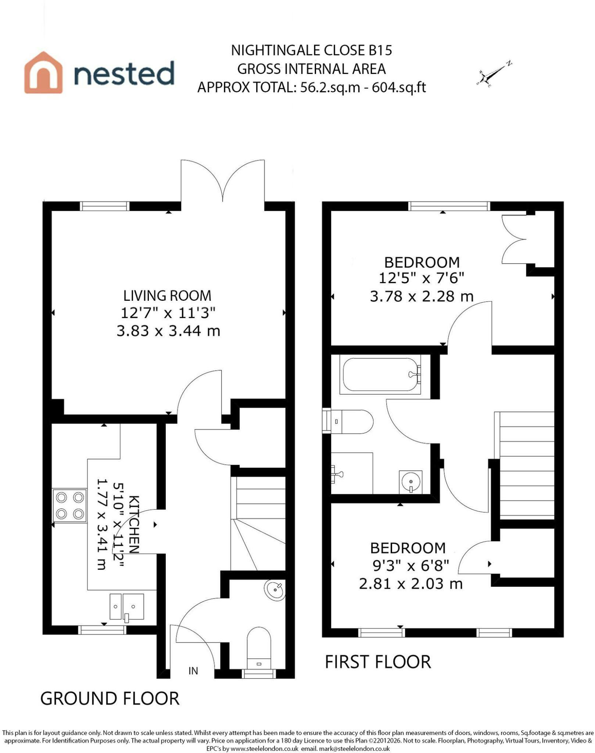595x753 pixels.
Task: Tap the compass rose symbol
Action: coord(495,74)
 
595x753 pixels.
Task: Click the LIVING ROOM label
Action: coord(167,296)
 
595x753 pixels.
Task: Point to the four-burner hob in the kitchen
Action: coord(69,505)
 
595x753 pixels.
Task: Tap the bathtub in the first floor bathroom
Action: coord(381,374)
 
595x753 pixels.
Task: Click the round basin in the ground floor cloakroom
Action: coord(275,590)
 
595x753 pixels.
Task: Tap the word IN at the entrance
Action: coord(193,671)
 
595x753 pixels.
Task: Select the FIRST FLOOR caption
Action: coord(378,662)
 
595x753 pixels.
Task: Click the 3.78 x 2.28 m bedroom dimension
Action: coord(422,296)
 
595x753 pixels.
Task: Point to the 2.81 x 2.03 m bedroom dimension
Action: coord(411,584)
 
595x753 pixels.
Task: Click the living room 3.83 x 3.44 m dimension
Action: coord(168,331)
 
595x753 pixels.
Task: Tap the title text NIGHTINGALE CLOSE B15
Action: coord(312,50)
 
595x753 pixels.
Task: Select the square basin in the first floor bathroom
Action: coord(411,482)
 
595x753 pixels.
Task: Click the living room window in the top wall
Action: coord(105,206)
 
